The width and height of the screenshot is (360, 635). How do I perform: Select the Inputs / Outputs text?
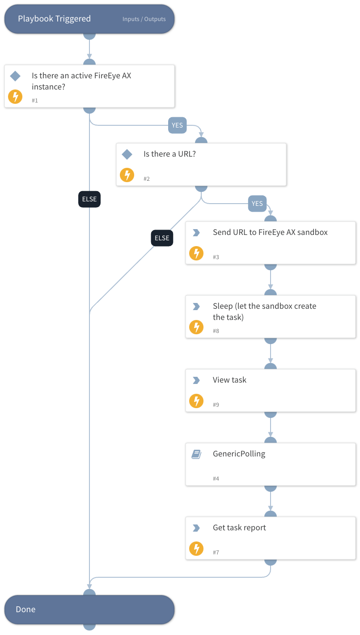pos(144,19)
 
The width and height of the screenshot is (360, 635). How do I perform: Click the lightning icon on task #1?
pos(15,97)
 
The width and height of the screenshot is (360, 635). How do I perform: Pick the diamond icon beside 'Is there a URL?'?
pos(127,154)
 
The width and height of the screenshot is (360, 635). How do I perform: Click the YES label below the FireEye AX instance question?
pos(177,125)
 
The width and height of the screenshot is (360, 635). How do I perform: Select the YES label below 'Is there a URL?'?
pos(257,204)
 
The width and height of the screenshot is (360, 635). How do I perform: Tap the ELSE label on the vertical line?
pos(89,199)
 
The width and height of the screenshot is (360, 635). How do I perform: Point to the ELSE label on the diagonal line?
pos(162,238)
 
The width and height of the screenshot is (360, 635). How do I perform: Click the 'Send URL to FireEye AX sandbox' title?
pos(270,232)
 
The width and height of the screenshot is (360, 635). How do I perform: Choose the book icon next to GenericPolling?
pos(196,454)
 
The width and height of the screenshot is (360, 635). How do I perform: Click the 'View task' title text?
pos(229,380)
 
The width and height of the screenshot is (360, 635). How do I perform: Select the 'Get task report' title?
pos(239,528)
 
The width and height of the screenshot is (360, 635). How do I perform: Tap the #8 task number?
pos(216,331)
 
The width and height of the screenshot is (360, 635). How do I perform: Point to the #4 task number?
pos(216,479)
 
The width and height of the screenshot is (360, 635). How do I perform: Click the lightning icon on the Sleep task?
pos(196,327)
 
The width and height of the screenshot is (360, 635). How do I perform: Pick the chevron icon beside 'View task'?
pos(196,380)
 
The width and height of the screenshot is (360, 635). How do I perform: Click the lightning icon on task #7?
pos(196,549)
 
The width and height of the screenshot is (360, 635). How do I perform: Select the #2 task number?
pos(147,179)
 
